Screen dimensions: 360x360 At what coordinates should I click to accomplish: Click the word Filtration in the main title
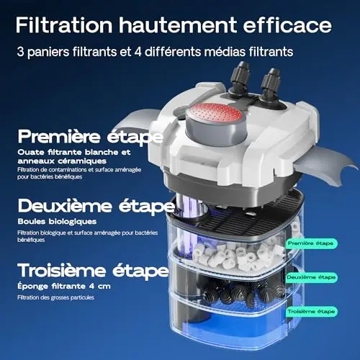pyautogui.click(x=64, y=24)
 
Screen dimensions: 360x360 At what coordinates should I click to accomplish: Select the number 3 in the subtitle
pyautogui.click(x=20, y=52)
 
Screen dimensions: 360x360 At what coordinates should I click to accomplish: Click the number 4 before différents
pyautogui.click(x=138, y=52)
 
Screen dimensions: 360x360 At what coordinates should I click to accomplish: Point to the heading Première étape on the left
pyautogui.click(x=90, y=137)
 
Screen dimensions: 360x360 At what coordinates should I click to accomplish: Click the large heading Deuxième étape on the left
pyautogui.click(x=96, y=206)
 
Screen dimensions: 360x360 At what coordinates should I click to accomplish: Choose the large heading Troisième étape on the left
pyautogui.click(x=93, y=271)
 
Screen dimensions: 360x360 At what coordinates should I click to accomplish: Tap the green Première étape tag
pyautogui.click(x=311, y=243)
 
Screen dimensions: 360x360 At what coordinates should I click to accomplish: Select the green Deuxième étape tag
pyautogui.click(x=311, y=277)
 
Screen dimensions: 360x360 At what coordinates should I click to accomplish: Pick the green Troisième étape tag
pyautogui.click(x=311, y=312)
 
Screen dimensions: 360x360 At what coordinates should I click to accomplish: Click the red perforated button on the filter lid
pyautogui.click(x=215, y=113)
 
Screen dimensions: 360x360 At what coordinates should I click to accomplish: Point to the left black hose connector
pyautogui.click(x=240, y=78)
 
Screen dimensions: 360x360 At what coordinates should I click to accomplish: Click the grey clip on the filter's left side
pyautogui.click(x=135, y=120)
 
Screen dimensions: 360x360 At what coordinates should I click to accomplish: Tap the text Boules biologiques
pyautogui.click(x=57, y=222)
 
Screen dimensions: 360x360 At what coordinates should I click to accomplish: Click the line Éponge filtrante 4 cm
pyautogui.click(x=64, y=287)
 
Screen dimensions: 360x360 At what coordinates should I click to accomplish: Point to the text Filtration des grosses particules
pyautogui.click(x=55, y=297)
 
